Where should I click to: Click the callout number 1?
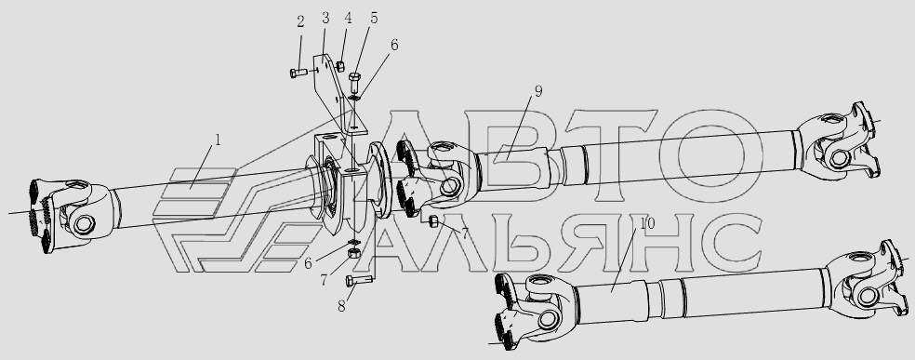point(218,140)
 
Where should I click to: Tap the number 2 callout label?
point(300,22)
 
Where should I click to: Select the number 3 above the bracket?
point(325,18)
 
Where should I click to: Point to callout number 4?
point(348,18)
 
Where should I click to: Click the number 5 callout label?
point(374,18)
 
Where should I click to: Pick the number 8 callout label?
point(341,305)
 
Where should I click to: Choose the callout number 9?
point(537,91)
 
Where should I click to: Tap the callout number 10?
point(647,223)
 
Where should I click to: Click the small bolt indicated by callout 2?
point(298,73)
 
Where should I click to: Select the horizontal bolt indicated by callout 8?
point(359,281)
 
